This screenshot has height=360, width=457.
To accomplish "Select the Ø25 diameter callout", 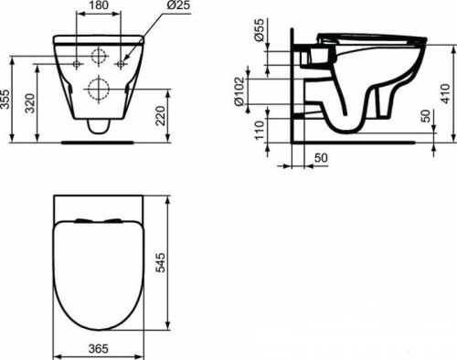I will click(x=152, y=6).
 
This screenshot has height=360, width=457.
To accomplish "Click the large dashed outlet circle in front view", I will click(x=98, y=90).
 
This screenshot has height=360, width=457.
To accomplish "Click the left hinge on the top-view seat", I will click(x=80, y=219).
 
